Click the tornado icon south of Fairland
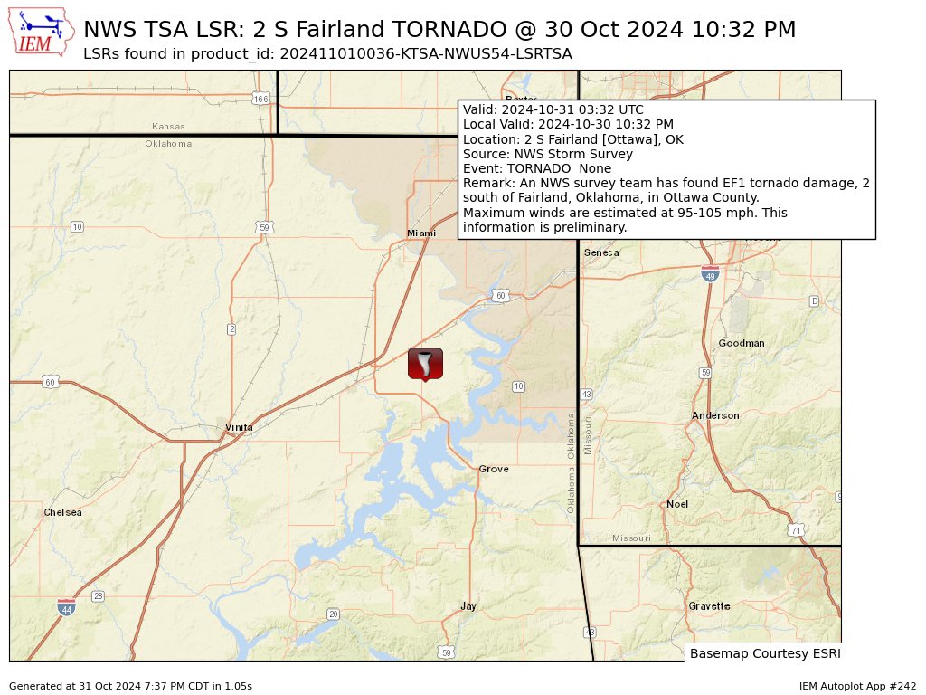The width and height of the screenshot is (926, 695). (x=425, y=363)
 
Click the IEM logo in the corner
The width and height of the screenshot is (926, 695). (x=41, y=31)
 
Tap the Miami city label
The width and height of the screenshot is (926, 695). (x=420, y=233)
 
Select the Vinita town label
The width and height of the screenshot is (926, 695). (x=239, y=427)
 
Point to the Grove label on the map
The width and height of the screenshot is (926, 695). (x=494, y=469)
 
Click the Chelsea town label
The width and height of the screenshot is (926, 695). (x=62, y=512)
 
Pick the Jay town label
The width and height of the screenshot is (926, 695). (x=468, y=606)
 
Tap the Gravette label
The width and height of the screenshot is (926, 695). (x=709, y=606)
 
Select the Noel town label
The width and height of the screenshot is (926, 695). (x=677, y=504)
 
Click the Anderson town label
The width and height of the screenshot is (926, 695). (x=715, y=415)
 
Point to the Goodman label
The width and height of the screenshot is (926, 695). (x=742, y=343)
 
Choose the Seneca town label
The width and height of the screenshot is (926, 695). (x=601, y=252)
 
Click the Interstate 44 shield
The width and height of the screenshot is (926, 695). (x=66, y=607)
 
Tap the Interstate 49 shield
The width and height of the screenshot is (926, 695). (x=710, y=273)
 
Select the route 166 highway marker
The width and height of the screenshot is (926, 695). (x=260, y=99)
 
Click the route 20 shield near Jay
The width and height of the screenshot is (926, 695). (x=333, y=614)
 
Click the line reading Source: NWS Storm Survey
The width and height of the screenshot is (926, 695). (x=548, y=154)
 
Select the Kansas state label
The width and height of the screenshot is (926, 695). (x=168, y=127)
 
